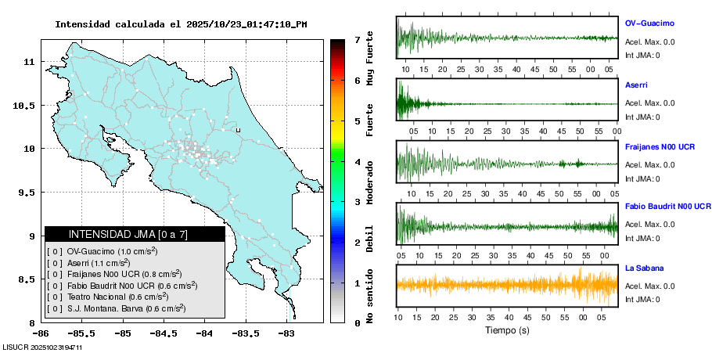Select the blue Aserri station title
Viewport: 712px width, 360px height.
pyautogui.click(x=636, y=85)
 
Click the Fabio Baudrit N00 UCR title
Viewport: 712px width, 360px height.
pyautogui.click(x=667, y=207)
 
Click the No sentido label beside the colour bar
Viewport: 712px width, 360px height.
pyautogui.click(x=369, y=295)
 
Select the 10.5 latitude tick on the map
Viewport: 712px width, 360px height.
pyautogui.click(x=27, y=105)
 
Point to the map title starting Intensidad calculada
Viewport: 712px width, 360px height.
pyautogui.click(x=181, y=24)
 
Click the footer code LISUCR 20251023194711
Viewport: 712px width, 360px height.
pyautogui.click(x=43, y=346)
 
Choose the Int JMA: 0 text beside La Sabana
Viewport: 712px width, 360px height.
pyautogui.click(x=642, y=299)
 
